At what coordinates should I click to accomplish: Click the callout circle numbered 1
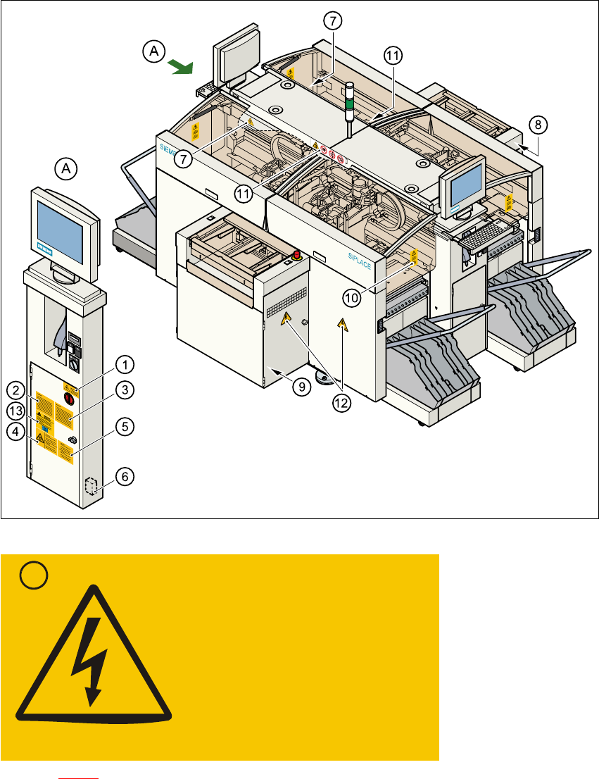coord(124,365)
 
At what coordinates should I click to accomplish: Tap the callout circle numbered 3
coord(124,389)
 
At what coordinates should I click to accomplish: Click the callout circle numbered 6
coord(124,476)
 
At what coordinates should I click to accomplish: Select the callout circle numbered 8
coord(536,125)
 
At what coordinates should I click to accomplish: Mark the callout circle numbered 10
coord(352,298)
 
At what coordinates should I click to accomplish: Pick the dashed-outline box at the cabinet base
coord(89,487)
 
